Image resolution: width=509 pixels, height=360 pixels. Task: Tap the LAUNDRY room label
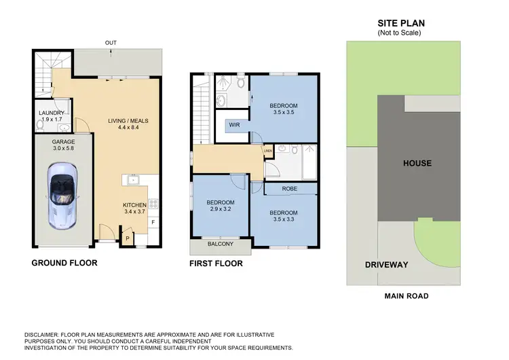(x=51, y=113)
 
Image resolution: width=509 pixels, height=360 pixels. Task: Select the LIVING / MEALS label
(x=128, y=121)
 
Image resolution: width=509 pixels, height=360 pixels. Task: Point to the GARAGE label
(x=63, y=142)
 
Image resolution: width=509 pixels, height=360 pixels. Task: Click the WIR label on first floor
(x=235, y=125)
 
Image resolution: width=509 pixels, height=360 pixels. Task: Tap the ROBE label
(x=289, y=189)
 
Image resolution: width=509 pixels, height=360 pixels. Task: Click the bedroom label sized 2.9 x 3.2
(x=221, y=202)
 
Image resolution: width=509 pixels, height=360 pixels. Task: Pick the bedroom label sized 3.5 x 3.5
(x=283, y=106)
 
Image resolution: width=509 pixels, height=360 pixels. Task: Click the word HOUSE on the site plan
(x=417, y=164)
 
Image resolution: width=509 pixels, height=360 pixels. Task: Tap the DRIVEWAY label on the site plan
(x=386, y=264)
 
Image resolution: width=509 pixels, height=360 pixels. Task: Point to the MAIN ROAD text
(x=406, y=295)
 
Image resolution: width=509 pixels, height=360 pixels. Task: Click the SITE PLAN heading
(x=400, y=22)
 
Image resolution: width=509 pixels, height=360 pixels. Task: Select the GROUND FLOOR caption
(x=65, y=262)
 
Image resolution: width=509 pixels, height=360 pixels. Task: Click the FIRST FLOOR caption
(x=216, y=263)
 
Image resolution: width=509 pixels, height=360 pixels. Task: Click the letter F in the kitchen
(x=153, y=222)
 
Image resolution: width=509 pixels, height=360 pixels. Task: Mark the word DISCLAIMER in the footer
(x=48, y=335)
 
